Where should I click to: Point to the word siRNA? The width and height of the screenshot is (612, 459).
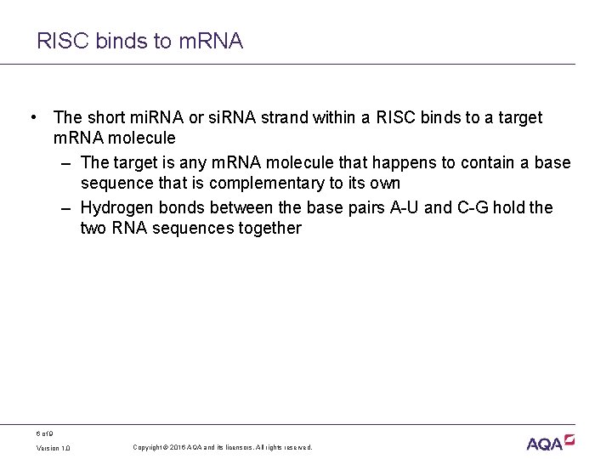click(214, 117)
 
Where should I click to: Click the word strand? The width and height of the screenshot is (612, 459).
click(267, 117)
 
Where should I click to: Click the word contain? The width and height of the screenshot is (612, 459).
click(479, 162)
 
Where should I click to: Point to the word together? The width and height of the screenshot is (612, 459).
click(270, 228)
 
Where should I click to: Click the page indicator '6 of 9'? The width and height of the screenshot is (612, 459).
click(45, 432)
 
